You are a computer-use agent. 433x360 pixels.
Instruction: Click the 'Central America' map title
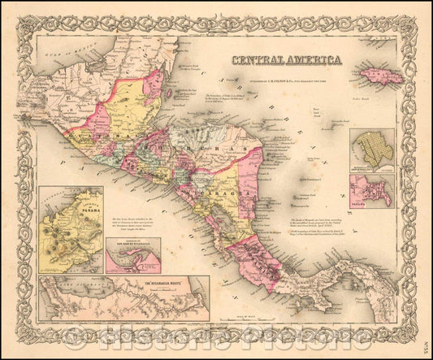coord(286,59)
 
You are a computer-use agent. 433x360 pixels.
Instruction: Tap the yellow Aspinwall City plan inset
coord(372,148)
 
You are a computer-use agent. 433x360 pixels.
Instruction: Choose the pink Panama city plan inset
coord(372,191)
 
